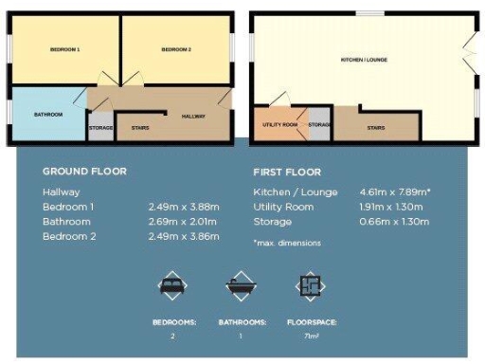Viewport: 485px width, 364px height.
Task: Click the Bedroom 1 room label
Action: (65, 49)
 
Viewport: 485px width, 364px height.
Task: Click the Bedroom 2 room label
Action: (176, 49)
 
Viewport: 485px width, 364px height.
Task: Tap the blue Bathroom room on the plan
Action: (47, 115)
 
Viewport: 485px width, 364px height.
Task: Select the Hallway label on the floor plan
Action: (194, 115)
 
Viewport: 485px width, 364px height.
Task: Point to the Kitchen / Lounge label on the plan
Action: (364, 60)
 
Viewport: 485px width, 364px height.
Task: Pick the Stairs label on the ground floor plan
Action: (140, 128)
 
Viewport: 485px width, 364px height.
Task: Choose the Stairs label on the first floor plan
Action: (375, 126)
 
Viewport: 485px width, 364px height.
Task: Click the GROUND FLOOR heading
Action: (84, 172)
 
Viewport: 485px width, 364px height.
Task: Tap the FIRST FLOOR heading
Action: (287, 173)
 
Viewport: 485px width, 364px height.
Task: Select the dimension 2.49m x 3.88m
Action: (184, 207)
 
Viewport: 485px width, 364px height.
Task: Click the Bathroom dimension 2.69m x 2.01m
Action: (184, 221)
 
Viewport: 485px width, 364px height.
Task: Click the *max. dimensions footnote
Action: (287, 243)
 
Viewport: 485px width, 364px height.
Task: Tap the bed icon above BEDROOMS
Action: (173, 284)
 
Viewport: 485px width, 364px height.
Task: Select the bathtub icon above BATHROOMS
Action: (239, 284)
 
